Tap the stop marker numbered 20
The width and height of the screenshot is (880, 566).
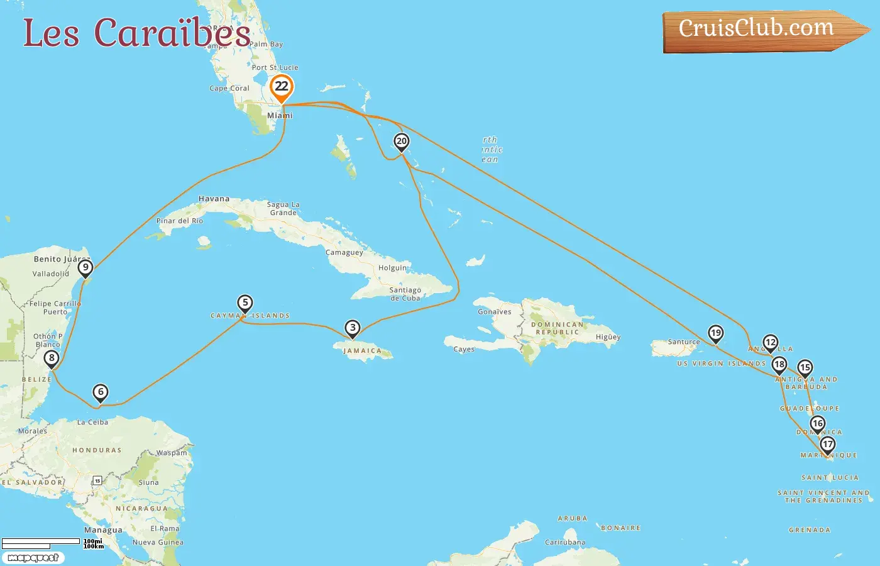[401, 141]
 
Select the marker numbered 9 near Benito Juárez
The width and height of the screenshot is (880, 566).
[85, 268]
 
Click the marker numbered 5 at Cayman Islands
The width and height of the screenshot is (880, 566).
[245, 303]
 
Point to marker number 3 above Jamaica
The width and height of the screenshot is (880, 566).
[353, 328]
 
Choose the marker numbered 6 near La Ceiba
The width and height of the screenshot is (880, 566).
[101, 392]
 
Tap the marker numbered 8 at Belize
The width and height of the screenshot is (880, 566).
[52, 358]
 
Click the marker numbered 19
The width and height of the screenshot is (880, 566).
[715, 333]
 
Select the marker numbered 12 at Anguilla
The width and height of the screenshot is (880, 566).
[771, 343]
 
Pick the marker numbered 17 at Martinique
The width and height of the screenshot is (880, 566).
[828, 445]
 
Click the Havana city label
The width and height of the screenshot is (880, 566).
[214, 199]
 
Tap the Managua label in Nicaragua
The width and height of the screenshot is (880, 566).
[103, 530]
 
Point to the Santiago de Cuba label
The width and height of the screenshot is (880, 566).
[405, 294]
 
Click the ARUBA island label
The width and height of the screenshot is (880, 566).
[572, 519]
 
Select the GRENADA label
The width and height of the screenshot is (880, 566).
[810, 530]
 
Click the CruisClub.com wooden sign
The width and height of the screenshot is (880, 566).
[757, 30]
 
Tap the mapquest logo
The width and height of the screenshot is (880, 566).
[33, 558]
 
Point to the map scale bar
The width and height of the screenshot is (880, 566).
[41, 542]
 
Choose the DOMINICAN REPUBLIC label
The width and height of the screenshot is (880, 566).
[557, 328]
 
